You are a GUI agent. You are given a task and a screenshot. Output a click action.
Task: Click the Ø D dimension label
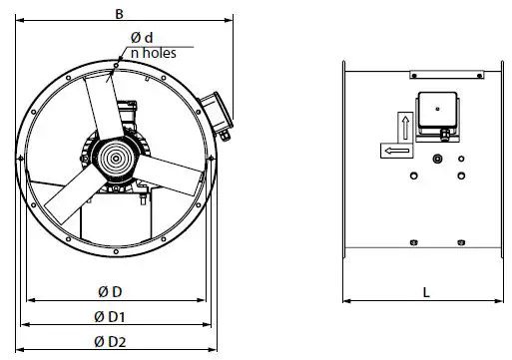(111, 291)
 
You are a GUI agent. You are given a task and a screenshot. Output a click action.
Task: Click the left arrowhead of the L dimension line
(346, 300)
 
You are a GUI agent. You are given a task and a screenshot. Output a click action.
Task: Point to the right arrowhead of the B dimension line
(232, 20)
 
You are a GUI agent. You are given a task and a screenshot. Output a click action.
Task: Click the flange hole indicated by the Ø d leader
(117, 68)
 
